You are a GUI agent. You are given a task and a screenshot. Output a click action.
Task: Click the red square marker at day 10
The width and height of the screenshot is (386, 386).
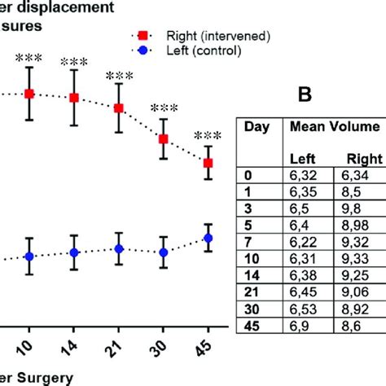(29, 94)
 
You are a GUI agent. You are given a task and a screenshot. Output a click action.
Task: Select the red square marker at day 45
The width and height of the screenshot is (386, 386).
(208, 163)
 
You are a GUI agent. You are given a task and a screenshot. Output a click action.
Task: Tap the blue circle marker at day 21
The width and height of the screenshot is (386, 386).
(119, 248)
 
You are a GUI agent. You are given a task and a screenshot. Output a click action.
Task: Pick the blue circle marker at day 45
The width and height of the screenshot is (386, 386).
(208, 238)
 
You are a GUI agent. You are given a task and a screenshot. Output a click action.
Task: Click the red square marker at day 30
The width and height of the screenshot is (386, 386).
(164, 139)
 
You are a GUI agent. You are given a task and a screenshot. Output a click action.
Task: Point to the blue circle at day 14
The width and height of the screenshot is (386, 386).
(74, 252)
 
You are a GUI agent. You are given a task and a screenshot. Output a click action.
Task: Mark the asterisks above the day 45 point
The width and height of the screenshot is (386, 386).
(208, 135)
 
